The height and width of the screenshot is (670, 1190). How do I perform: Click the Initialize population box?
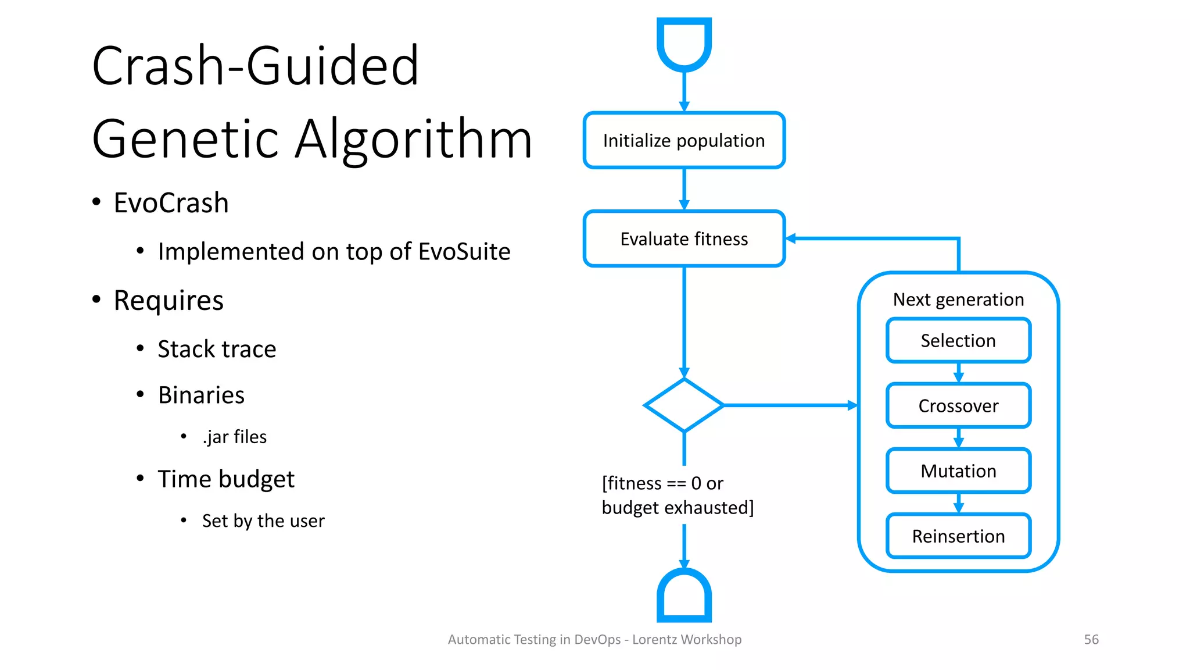pos(684,140)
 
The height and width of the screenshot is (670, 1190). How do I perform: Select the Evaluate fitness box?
pos(684,239)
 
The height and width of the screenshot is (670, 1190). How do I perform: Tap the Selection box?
pos(958,340)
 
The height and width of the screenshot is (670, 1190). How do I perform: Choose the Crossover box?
pos(958,405)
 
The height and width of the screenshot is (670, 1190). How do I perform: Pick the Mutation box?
pos(958,471)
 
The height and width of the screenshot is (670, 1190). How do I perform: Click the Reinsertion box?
pos(958,536)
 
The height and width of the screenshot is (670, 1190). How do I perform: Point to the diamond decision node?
pos(684,405)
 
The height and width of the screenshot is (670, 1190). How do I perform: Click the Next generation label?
pos(958,300)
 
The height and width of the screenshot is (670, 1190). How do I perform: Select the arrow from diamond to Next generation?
pos(790,405)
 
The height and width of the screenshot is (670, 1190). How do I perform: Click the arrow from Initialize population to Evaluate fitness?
pos(684,190)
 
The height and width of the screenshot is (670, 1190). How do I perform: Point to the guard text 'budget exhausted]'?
pos(678,508)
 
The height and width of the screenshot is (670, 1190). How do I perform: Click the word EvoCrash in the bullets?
pos(171,203)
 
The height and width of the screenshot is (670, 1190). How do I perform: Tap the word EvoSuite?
pos(464,252)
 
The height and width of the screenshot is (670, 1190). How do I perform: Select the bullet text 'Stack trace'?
pos(217,349)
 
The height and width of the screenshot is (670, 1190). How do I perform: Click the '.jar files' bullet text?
pos(234,437)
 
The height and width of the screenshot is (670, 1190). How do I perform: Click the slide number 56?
pos(1091,640)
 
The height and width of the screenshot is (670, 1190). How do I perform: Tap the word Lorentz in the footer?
pos(655,640)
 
